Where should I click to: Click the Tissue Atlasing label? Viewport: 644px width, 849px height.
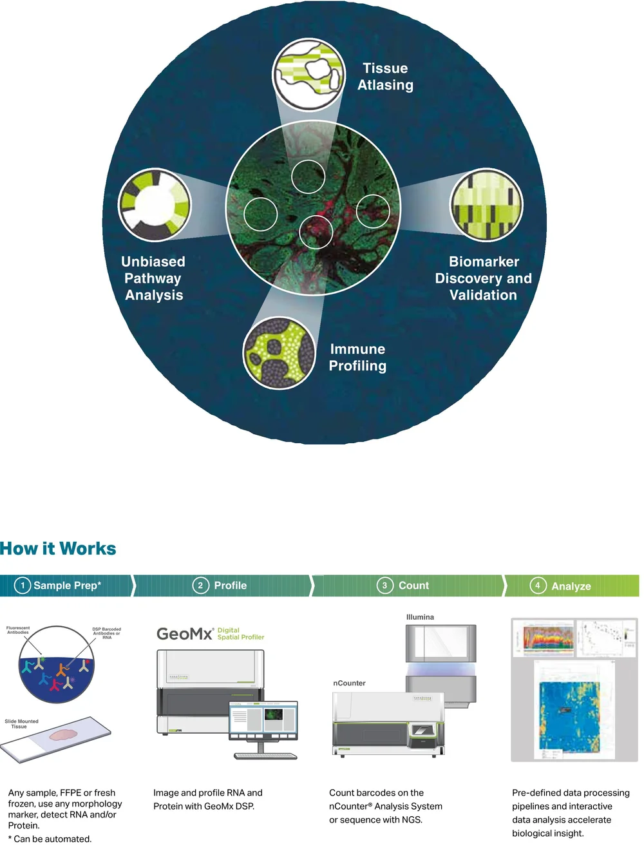pos(385,77)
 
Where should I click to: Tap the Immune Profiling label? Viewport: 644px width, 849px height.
pos(357,358)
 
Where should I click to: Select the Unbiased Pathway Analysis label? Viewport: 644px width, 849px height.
pos(153,278)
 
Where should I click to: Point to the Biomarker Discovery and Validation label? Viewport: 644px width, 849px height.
pos(483,278)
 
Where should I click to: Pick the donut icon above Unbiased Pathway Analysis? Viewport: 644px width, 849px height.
pos(155,205)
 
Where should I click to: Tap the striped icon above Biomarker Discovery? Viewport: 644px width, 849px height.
pos(486,205)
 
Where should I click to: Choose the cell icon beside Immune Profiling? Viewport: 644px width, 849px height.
pos(279,352)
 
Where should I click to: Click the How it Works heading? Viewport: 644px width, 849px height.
pos(58,549)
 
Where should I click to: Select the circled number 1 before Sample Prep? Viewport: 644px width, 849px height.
pos(23,586)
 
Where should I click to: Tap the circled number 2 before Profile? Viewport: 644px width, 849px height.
pos(201,586)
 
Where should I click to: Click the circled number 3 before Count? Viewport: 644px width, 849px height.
pos(384,586)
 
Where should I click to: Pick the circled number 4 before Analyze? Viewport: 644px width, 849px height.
pos(538,586)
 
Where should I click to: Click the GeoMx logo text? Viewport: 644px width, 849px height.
pos(184,634)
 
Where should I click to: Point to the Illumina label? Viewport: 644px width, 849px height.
pos(420,617)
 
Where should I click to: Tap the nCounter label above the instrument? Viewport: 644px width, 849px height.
pos(349,683)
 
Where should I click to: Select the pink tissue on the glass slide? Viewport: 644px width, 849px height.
pos(63,734)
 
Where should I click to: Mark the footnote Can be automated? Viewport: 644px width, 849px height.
pos(52,839)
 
